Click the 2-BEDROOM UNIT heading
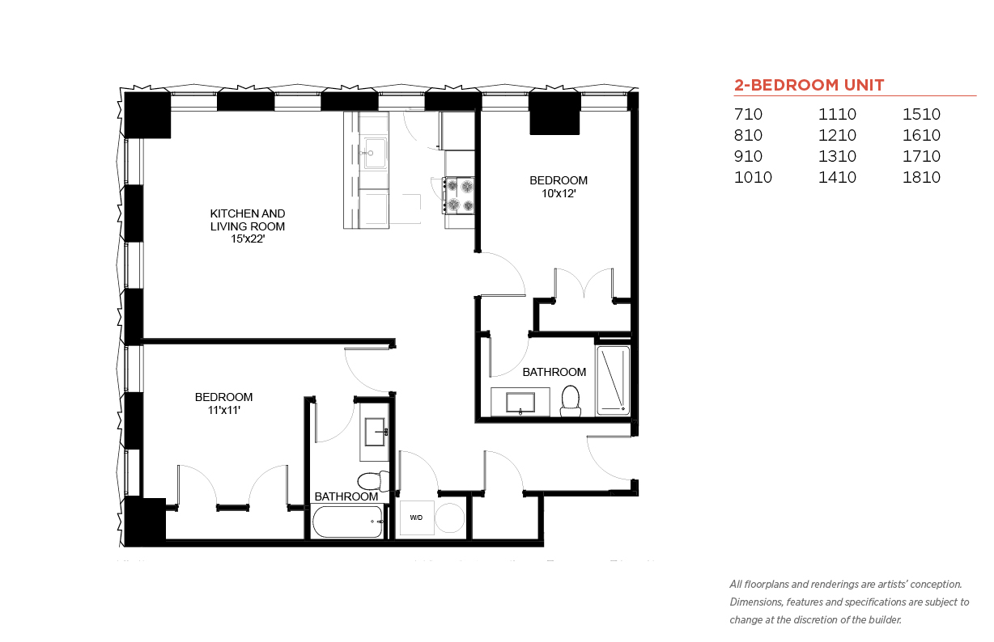click(809, 85)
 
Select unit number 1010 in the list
click(753, 177)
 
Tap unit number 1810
click(921, 177)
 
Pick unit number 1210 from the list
click(837, 135)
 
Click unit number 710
click(748, 114)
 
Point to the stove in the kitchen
click(459, 196)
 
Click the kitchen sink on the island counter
click(375, 154)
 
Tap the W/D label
click(416, 517)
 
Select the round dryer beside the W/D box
click(449, 517)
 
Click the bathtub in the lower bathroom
click(347, 522)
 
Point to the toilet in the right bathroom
click(571, 401)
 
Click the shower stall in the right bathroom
click(614, 380)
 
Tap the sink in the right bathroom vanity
click(520, 403)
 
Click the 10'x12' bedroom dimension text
click(559, 194)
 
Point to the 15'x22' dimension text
click(248, 239)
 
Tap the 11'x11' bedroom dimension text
click(224, 410)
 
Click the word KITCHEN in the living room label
click(229, 213)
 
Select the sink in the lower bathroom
click(376, 432)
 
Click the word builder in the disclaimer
click(885, 620)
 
